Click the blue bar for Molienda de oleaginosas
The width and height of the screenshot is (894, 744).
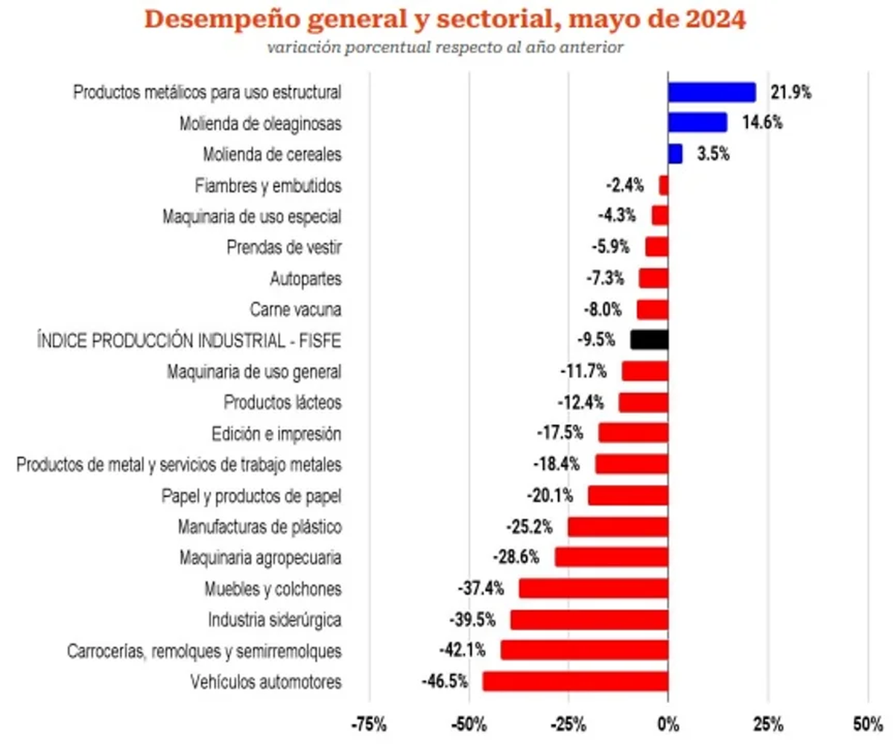pos(697,123)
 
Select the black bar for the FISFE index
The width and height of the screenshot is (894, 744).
pos(649,340)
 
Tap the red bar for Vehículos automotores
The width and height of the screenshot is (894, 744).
pos(575,681)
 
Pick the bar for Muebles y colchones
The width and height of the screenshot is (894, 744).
pos(593,588)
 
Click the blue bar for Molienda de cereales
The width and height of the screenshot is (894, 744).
pos(675,154)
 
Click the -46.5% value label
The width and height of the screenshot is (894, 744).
pos(444,681)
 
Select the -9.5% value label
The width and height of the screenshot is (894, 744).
pos(596,340)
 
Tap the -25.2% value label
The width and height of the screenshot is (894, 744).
pos(529,527)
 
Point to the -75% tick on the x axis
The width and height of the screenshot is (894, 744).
pos(370,723)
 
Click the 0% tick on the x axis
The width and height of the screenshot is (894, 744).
pos(668,723)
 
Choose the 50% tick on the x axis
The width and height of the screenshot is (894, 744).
pos(868,723)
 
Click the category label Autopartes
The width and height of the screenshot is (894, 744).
pos(305,279)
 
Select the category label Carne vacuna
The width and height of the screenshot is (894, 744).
pos(296,309)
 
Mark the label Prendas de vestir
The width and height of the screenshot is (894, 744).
pos(284,247)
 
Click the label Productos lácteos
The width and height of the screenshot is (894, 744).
pos(282,402)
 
